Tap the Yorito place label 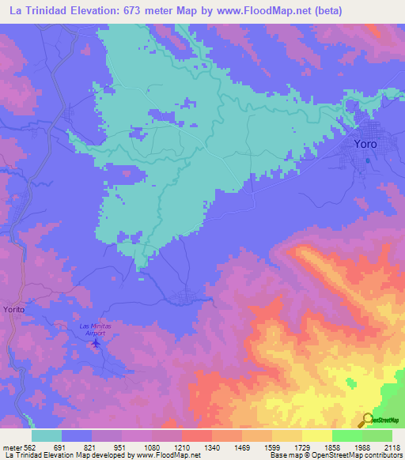pos(14,310)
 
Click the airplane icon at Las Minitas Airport pos(97,343)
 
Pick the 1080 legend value pos(152,445)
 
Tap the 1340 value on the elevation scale pos(211,445)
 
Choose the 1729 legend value pos(301,445)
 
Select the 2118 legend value pos(392,445)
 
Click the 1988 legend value pos(361,445)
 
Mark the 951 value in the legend pos(122,445)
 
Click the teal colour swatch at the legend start pos(47,435)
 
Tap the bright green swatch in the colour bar pos(346,435)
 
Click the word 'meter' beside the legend pos(12,445)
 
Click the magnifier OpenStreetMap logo pos(368,420)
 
